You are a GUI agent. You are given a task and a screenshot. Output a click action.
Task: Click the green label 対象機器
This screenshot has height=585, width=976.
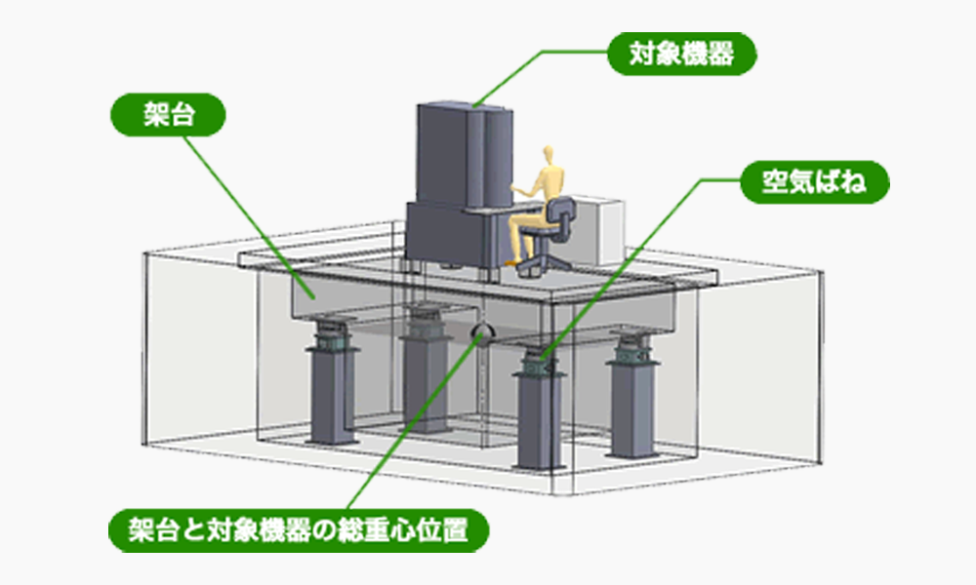pos(680,56)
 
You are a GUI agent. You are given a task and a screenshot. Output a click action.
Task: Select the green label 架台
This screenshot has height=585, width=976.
pos(168,114)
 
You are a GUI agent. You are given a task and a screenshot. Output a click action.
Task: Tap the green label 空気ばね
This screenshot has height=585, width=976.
pos(814,182)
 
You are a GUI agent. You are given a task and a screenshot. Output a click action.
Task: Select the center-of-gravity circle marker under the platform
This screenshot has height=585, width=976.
pos(481,336)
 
